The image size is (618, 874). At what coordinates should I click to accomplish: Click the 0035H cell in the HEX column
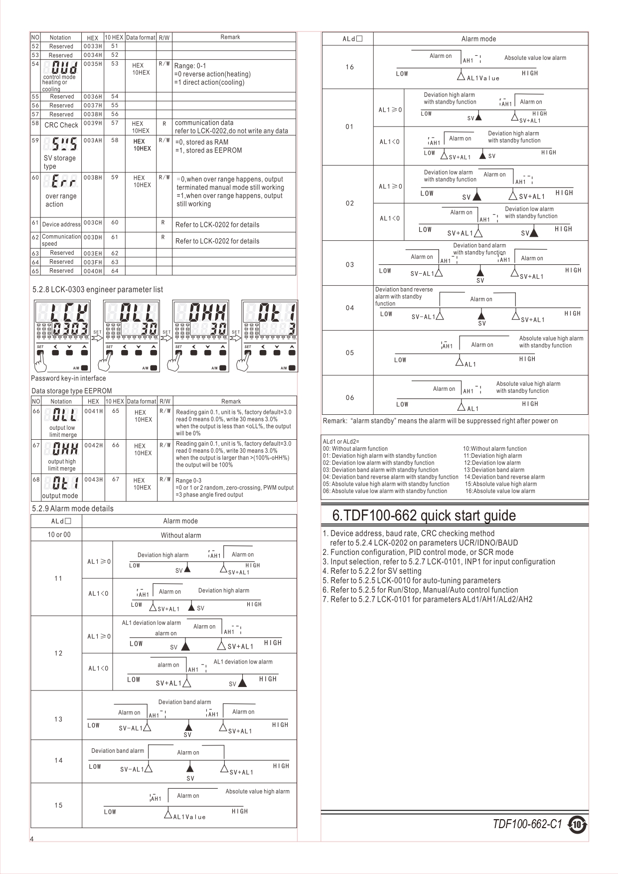(x=93, y=64)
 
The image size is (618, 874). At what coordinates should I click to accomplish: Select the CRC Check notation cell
(x=61, y=125)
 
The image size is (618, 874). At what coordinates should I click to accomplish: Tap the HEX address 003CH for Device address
(x=93, y=223)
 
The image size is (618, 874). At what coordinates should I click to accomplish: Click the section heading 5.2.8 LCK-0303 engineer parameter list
(x=98, y=289)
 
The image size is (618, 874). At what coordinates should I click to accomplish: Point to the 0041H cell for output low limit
(x=93, y=411)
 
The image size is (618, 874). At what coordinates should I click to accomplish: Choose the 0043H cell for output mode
(x=93, y=480)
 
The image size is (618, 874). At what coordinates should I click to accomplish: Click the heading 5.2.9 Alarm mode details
(x=73, y=509)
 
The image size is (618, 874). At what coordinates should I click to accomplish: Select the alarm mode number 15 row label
(x=58, y=805)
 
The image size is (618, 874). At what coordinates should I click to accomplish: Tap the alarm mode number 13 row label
(x=58, y=719)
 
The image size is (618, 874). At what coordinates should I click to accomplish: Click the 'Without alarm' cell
(x=181, y=535)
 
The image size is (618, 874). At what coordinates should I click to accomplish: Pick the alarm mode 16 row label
(x=349, y=67)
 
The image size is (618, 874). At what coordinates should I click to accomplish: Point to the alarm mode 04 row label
(x=349, y=308)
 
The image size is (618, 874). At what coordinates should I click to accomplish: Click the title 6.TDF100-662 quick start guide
(x=424, y=515)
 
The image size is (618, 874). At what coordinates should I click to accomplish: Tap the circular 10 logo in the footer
(x=577, y=825)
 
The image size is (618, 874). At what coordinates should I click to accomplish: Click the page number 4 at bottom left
(x=32, y=839)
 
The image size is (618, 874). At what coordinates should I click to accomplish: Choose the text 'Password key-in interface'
(x=68, y=378)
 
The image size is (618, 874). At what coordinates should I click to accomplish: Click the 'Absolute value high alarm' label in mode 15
(x=257, y=791)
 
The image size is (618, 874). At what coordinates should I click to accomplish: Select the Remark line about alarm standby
(x=440, y=421)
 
